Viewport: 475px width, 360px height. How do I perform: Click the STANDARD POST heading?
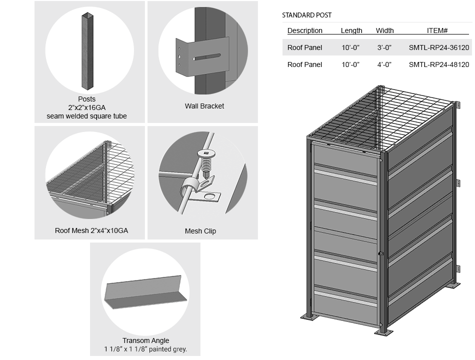(306, 15)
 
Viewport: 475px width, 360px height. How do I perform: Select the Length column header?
(351, 30)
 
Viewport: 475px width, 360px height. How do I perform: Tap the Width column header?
(384, 30)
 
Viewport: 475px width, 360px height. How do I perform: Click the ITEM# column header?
(437, 30)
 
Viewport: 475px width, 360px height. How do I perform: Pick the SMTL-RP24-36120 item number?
(438, 47)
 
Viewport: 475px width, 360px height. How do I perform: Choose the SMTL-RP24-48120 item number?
(438, 64)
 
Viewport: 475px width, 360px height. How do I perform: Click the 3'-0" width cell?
(384, 47)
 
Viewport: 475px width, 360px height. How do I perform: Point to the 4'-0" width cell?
(384, 64)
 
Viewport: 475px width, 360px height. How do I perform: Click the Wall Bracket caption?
(204, 106)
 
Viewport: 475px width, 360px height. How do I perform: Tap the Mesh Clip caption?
(200, 231)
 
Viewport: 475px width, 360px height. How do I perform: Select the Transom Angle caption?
(146, 341)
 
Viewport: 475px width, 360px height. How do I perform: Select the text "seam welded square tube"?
(86, 116)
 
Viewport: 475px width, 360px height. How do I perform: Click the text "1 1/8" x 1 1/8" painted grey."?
(145, 349)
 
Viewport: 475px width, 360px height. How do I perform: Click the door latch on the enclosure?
(381, 254)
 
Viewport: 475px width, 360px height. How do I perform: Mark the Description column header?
(305, 30)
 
